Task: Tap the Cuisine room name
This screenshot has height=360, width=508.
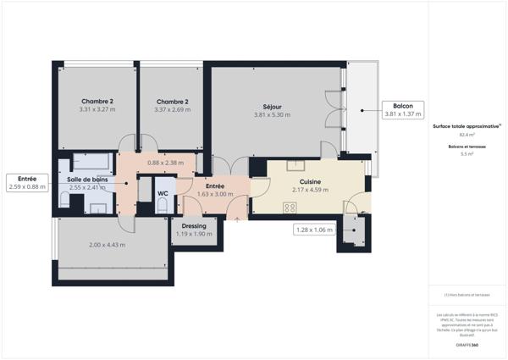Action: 311,181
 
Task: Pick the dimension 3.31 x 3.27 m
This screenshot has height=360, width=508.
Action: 97,109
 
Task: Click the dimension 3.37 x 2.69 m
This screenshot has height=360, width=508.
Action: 172,109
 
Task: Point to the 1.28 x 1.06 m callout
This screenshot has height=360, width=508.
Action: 313,229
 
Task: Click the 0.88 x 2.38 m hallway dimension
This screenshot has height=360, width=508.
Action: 165,163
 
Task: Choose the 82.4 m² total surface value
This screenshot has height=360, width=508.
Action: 467,135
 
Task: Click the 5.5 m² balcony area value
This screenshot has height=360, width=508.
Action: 467,154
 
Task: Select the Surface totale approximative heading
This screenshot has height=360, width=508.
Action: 467,125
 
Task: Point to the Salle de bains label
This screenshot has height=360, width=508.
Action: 87,180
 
